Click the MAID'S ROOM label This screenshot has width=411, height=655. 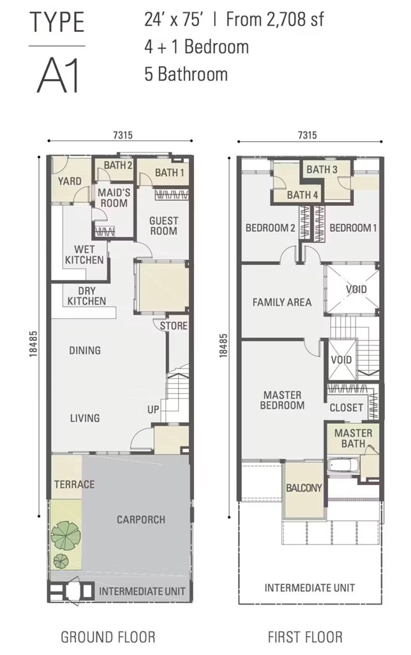click(114, 198)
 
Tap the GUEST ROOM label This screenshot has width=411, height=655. click(164, 225)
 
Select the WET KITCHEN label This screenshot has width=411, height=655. click(84, 255)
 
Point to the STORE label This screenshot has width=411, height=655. click(174, 326)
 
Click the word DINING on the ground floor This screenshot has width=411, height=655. click(85, 350)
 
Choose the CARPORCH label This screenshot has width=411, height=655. click(141, 520)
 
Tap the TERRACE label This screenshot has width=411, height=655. click(74, 484)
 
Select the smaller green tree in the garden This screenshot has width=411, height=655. click(61, 561)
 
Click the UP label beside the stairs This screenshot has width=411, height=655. click(153, 410)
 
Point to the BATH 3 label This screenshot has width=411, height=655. click(322, 169)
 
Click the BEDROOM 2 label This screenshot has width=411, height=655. click(270, 228)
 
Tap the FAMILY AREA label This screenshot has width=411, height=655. click(282, 302)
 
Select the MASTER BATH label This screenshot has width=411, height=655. click(354, 438)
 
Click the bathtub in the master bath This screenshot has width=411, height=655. click(343, 466)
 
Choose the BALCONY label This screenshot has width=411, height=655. click(304, 488)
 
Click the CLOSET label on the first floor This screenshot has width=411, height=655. click(347, 407)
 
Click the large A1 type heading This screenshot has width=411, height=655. click(58, 76)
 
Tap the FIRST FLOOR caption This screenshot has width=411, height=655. click(305, 637)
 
